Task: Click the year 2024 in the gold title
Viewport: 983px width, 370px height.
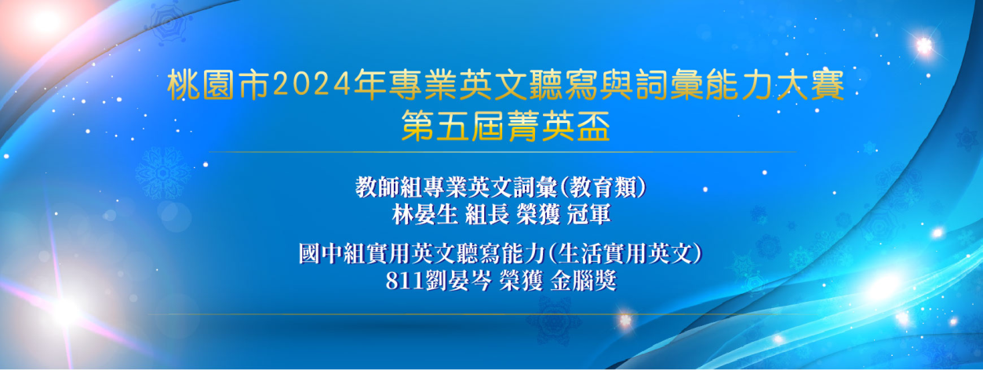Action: click(x=312, y=83)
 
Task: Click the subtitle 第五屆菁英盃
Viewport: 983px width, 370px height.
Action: click(x=505, y=126)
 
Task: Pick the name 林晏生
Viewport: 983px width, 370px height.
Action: click(x=424, y=215)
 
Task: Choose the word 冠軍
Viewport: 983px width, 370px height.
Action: click(x=588, y=215)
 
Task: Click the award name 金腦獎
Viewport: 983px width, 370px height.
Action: click(x=583, y=281)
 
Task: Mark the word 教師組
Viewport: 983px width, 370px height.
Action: click(x=388, y=187)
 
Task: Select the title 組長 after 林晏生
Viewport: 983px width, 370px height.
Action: click(x=487, y=215)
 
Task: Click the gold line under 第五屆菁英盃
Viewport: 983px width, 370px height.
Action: click(x=502, y=152)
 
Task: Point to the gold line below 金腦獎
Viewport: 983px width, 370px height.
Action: click(x=482, y=314)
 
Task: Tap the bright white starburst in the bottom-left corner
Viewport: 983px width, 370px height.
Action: click(x=66, y=310)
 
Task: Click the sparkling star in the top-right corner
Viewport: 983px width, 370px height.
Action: click(x=923, y=45)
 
